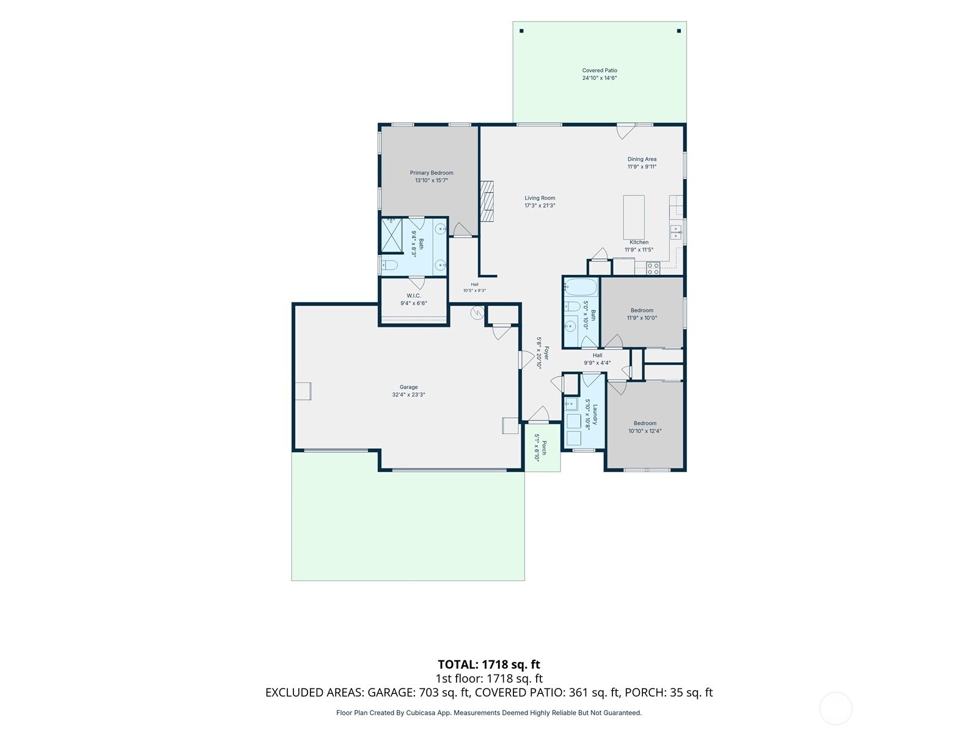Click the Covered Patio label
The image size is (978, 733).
pyautogui.click(x=599, y=70)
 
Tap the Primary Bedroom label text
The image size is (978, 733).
pyautogui.click(x=432, y=173)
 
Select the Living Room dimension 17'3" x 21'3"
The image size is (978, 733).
pyautogui.click(x=540, y=206)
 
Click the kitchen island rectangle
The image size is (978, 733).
pyautogui.click(x=634, y=217)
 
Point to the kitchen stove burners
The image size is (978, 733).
pyautogui.click(x=653, y=268)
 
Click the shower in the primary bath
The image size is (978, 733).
pyautogui.click(x=392, y=235)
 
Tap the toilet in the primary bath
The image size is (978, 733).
pyautogui.click(x=389, y=265)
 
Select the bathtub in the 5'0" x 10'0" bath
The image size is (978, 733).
pyautogui.click(x=581, y=287)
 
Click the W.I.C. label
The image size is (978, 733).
pyautogui.click(x=413, y=296)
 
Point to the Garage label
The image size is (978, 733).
pyautogui.click(x=408, y=387)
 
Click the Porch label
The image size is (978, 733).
pyautogui.click(x=544, y=448)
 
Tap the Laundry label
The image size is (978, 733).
pyautogui.click(x=594, y=414)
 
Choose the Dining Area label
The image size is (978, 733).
pyautogui.click(x=642, y=159)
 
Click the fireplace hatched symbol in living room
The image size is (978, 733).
pyautogui.click(x=487, y=201)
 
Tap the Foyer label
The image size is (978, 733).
pyautogui.click(x=546, y=353)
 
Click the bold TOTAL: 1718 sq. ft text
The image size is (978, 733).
pyautogui.click(x=489, y=664)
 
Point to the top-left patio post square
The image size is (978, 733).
pyautogui.click(x=521, y=31)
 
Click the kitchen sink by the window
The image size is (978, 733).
pyautogui.click(x=676, y=232)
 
